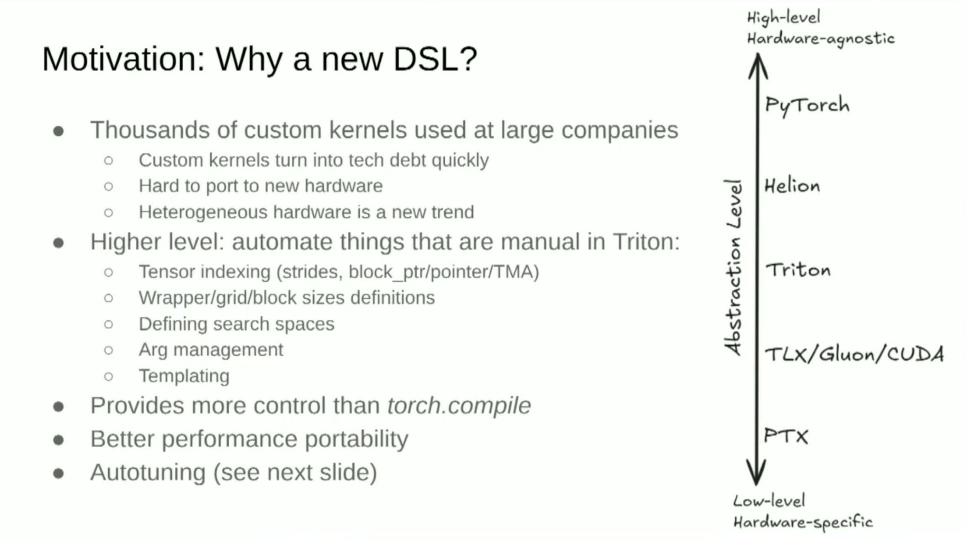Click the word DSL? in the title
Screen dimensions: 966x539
[x=435, y=59]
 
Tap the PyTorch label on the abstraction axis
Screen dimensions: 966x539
[x=807, y=106]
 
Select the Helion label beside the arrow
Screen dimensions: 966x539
[x=792, y=186]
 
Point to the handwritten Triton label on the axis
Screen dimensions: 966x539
[x=798, y=270]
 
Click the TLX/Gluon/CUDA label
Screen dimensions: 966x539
[x=854, y=354]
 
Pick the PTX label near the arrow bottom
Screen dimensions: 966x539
[x=786, y=436]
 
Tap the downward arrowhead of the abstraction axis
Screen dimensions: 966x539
[x=756, y=472]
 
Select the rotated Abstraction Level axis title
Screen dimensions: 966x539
[x=733, y=267]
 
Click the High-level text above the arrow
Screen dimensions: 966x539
[x=783, y=18]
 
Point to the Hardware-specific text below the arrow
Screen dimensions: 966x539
[x=803, y=522]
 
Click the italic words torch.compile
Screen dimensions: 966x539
[x=459, y=406]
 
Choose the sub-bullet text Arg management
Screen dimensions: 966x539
[x=211, y=350]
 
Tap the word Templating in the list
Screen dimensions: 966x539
[x=184, y=376]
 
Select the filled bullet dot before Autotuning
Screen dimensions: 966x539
[x=59, y=473]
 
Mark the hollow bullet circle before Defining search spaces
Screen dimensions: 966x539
[x=108, y=324]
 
